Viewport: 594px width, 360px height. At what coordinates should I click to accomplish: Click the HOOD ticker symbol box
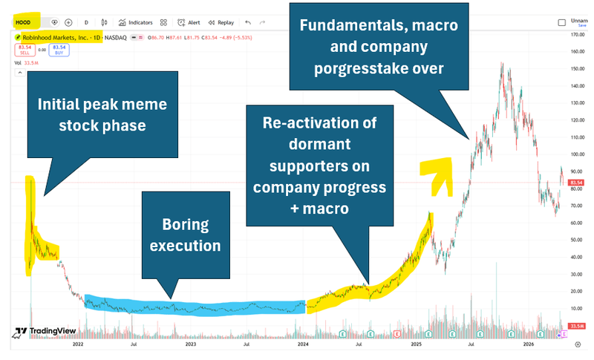point(24,22)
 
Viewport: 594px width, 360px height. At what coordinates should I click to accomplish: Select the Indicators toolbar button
point(136,22)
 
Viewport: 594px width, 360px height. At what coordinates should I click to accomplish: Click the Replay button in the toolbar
point(221,22)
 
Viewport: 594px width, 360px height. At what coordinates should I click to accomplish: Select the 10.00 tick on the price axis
point(575,307)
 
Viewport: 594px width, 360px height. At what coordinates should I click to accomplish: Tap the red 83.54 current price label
point(575,183)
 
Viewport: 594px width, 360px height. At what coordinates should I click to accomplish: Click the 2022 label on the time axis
point(77,344)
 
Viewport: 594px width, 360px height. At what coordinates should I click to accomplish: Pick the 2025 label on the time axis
point(417,344)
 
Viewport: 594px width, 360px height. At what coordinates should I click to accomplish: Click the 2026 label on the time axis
point(529,344)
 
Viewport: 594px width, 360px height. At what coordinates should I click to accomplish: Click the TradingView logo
point(41,332)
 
